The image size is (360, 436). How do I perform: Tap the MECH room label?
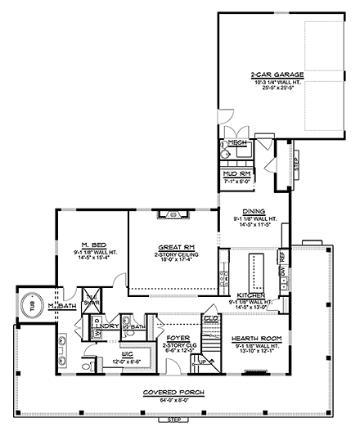click(x=237, y=143)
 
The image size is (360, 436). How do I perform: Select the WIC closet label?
click(x=109, y=354)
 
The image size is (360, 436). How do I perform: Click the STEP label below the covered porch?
click(x=173, y=420)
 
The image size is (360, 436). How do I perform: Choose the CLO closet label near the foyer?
click(x=208, y=318)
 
